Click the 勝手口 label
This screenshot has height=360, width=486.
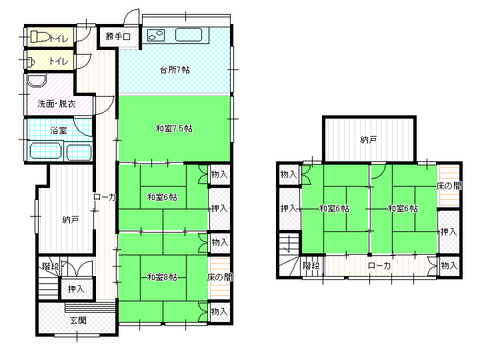click(118, 37)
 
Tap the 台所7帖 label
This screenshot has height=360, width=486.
click(175, 70)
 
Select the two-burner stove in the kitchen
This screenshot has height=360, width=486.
click(156, 35)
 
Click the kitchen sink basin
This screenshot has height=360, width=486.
click(189, 35)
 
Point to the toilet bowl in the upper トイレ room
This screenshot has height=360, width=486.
click(40, 37)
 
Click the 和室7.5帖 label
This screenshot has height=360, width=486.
click(174, 129)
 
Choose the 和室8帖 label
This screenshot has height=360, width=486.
click(162, 277)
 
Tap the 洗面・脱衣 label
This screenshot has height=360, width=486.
click(57, 103)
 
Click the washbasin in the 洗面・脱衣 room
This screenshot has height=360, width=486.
click(37, 80)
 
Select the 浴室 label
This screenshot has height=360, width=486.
click(59, 130)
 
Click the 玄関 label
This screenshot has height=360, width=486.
click(78, 320)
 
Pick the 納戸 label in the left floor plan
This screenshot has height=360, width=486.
click(71, 219)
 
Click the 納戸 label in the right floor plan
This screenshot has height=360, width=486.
click(369, 140)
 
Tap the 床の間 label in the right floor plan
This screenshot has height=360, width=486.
click(449, 186)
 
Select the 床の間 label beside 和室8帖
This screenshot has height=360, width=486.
click(220, 277)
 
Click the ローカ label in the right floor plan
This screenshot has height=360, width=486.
click(379, 266)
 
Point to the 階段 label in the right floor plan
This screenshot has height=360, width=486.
click(311, 266)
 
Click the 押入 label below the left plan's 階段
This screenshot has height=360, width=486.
click(76, 289)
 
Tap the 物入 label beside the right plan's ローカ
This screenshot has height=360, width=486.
click(449, 266)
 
